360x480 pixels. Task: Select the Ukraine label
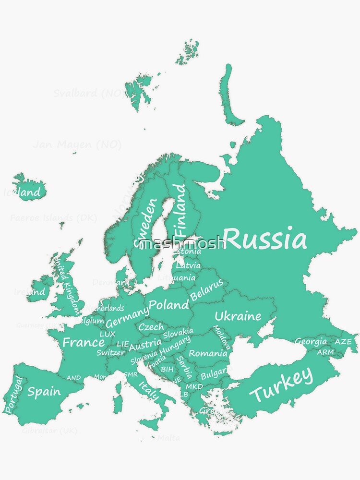pyautogui.click(x=238, y=316)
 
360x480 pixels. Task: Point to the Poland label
pyautogui.click(x=168, y=305)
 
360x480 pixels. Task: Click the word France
pyautogui.click(x=84, y=342)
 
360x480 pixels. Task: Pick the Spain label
pyautogui.click(x=44, y=391)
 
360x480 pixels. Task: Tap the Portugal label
pyautogui.click(x=13, y=395)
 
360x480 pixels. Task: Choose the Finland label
pyautogui.click(x=180, y=210)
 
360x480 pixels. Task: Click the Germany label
pyautogui.click(x=127, y=317)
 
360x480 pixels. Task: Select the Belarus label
pyautogui.click(x=207, y=290)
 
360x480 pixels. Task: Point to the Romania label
pyautogui.click(x=208, y=353)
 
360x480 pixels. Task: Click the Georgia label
pyautogui.click(x=311, y=342)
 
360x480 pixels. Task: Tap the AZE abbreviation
pyautogui.click(x=343, y=342)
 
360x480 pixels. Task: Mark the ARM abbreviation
pyautogui.click(x=325, y=352)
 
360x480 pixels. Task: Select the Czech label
pyautogui.click(x=151, y=327)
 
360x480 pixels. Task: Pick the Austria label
pyautogui.click(x=145, y=344)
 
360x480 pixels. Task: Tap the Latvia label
pyautogui.click(x=188, y=265)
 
